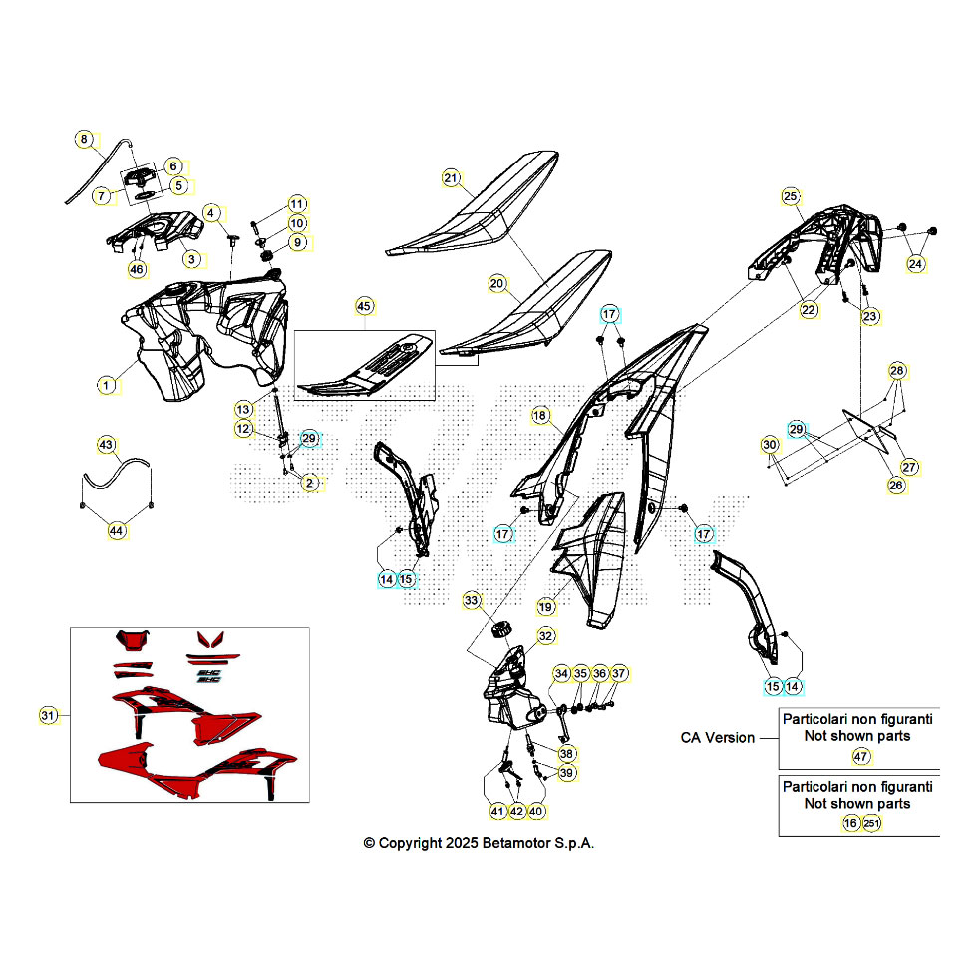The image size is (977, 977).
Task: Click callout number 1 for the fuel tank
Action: coord(106,385)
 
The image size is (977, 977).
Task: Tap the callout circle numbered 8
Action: coord(84,139)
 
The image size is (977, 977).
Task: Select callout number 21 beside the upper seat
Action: coord(451,178)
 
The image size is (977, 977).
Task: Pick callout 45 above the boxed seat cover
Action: coord(364,306)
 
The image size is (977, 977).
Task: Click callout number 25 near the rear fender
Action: coord(790,197)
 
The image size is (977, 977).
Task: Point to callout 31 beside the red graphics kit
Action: coord(48,715)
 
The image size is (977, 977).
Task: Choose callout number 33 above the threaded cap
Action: coord(471,600)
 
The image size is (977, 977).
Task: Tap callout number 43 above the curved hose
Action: coord(106,445)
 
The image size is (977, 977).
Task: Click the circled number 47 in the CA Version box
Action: coord(860,757)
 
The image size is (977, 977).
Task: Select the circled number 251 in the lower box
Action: coord(871,823)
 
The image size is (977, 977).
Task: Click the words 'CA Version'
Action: coord(717,737)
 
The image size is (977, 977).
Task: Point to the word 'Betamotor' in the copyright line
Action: coord(516,843)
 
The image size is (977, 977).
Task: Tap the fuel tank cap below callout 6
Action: coord(141,177)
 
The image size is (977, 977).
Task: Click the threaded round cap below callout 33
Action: coord(500,629)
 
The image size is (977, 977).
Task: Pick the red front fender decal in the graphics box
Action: coord(133,639)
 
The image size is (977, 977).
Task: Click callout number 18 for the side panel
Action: coord(539,415)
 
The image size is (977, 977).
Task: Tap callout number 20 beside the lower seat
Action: coord(496,284)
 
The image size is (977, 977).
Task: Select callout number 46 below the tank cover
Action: coord(137,269)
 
